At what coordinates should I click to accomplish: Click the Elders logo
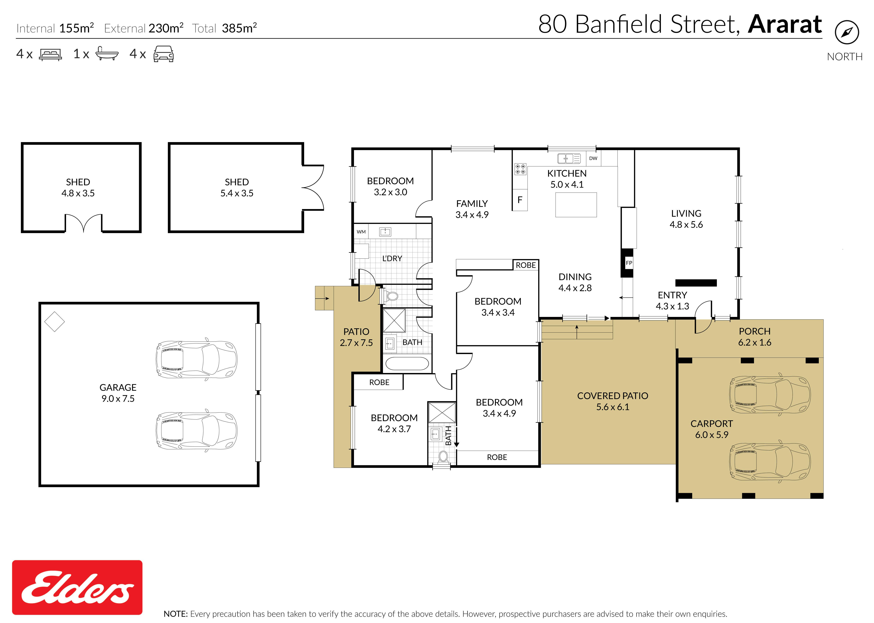pos(77,587)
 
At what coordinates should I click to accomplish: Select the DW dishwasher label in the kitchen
pos(593,158)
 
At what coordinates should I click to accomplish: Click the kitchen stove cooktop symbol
pos(520,169)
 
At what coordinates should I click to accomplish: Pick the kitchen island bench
pos(576,205)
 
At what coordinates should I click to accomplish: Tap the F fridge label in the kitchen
pos(520,200)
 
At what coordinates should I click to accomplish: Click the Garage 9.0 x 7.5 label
pos(118,393)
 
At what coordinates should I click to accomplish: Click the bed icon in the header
pos(50,54)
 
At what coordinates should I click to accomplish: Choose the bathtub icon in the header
pos(107,54)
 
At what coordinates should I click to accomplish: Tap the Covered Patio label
pos(613,401)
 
